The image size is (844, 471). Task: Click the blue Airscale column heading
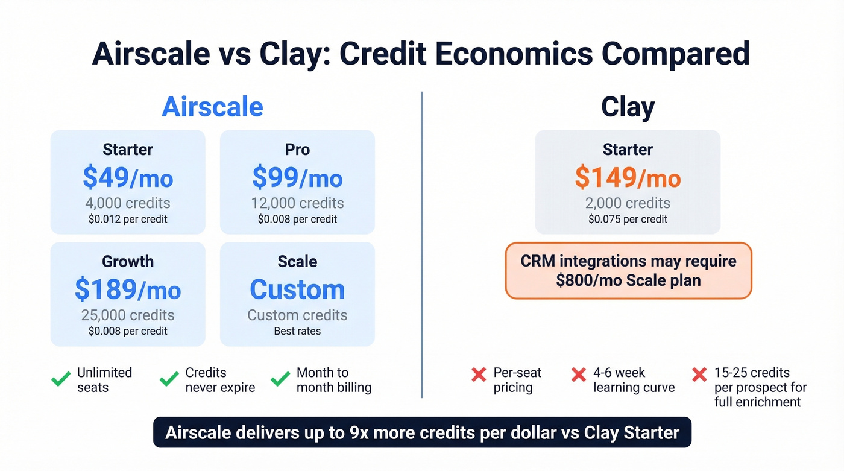pos(212,107)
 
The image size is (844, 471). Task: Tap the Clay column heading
pos(628,107)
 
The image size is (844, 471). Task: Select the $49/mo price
pos(128,178)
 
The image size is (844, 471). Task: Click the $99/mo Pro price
pos(297,178)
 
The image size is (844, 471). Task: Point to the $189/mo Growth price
pos(128,290)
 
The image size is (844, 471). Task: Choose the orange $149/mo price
pos(628,178)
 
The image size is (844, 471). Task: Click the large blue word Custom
pos(297,290)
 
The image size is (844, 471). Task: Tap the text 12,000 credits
pos(297,203)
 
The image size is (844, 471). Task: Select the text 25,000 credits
pos(128,315)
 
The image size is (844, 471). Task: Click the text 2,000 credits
pos(628,203)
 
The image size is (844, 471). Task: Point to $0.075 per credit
pos(628,219)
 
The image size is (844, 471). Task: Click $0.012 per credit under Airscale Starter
pos(128,219)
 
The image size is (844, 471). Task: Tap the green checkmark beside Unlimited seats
pos(61,379)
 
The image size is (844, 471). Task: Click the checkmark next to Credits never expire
pos(169,379)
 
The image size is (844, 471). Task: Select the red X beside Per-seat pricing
pos(479,375)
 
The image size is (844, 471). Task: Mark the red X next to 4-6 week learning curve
pos(579,375)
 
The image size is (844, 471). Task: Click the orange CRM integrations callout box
pos(628,271)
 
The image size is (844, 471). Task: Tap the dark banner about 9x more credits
pos(422,432)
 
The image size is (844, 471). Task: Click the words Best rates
pos(297,331)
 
